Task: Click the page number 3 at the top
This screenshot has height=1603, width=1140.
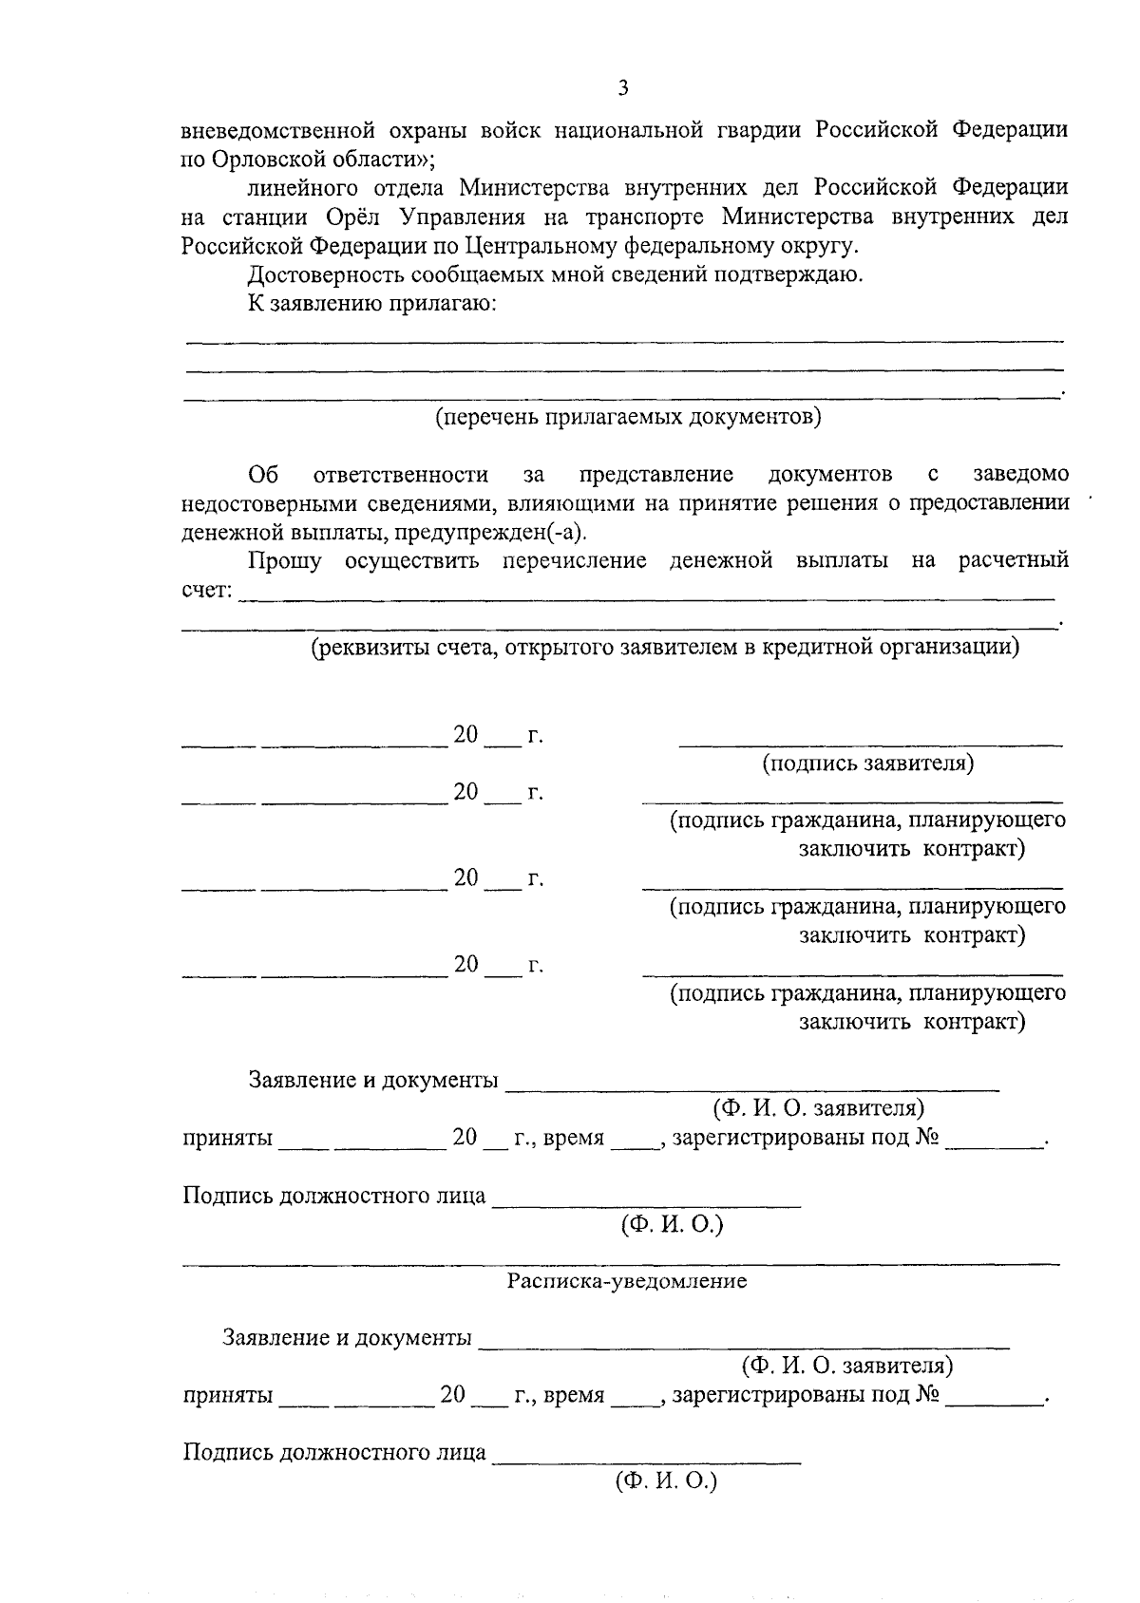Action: pyautogui.click(x=622, y=89)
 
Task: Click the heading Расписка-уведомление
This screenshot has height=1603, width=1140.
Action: pyautogui.click(x=626, y=1281)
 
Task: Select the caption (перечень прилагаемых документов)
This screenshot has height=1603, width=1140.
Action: pyautogui.click(x=628, y=417)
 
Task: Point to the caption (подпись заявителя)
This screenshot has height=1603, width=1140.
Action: pyautogui.click(x=868, y=764)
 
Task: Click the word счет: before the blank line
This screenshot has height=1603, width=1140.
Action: pyautogui.click(x=206, y=591)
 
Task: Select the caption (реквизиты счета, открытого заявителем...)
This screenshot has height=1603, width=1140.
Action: pyautogui.click(x=665, y=648)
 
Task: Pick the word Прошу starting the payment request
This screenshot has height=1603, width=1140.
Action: pyautogui.click(x=284, y=560)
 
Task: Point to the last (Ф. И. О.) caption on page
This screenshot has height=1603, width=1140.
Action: pyautogui.click(x=666, y=1480)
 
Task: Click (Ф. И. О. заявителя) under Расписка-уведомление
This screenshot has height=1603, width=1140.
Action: pyautogui.click(x=846, y=1366)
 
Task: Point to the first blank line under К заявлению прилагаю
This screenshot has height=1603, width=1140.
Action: pyautogui.click(x=623, y=340)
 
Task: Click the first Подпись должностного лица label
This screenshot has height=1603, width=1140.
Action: pyautogui.click(x=333, y=1196)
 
